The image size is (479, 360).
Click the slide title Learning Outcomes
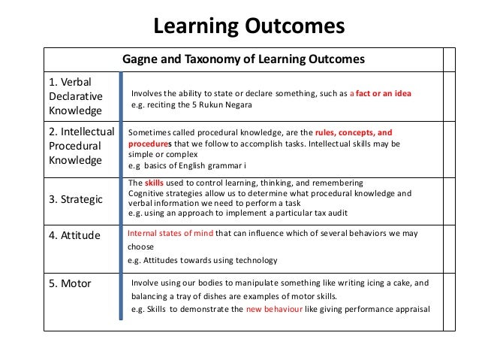pos(249,27)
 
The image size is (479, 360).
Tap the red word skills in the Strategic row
pos(154,183)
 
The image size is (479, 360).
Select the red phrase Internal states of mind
pos(170,234)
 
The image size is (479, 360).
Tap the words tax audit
pos(293,213)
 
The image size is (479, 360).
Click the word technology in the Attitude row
pos(252,261)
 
